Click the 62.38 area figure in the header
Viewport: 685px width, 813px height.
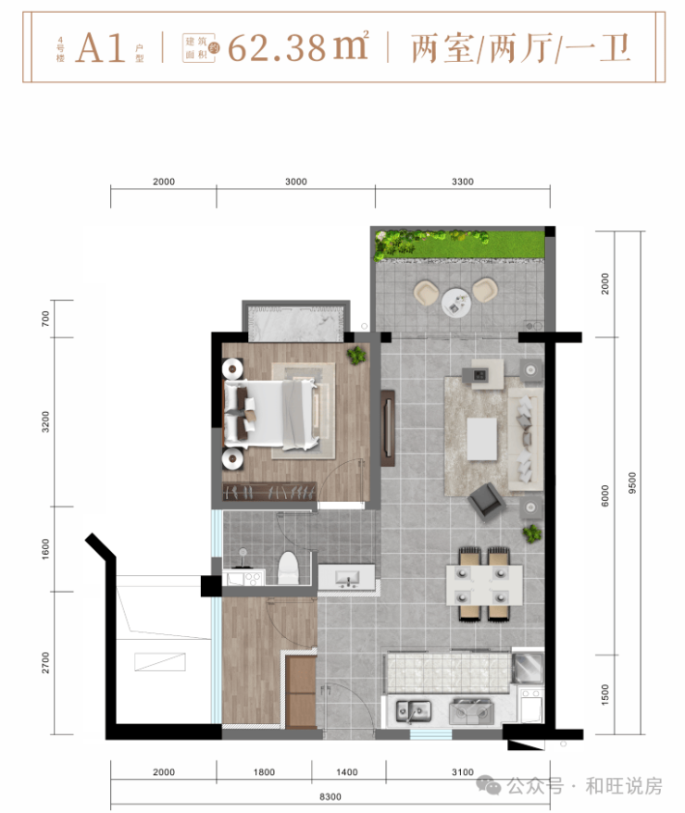(x=276, y=48)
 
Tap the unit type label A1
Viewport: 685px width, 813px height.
(x=101, y=48)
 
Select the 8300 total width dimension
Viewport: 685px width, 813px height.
(x=330, y=797)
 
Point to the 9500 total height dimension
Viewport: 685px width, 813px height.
(x=631, y=482)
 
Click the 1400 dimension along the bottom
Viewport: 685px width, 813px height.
(x=346, y=772)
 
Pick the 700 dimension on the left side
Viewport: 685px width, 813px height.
(x=45, y=319)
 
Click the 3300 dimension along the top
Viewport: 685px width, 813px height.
(x=462, y=181)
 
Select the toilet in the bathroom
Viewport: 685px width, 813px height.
(x=289, y=568)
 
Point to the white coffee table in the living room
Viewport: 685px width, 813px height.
(x=482, y=439)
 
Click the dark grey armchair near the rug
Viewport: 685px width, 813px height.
(x=486, y=500)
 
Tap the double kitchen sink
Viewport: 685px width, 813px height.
(x=414, y=711)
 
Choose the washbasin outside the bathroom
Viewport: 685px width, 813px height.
(x=346, y=577)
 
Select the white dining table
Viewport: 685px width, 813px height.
(x=484, y=585)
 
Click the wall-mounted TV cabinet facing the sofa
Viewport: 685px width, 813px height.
(x=388, y=429)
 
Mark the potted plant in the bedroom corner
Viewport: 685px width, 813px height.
(x=356, y=356)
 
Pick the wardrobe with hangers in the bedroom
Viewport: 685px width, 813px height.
(x=269, y=492)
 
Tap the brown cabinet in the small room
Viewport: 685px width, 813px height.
(x=301, y=692)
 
